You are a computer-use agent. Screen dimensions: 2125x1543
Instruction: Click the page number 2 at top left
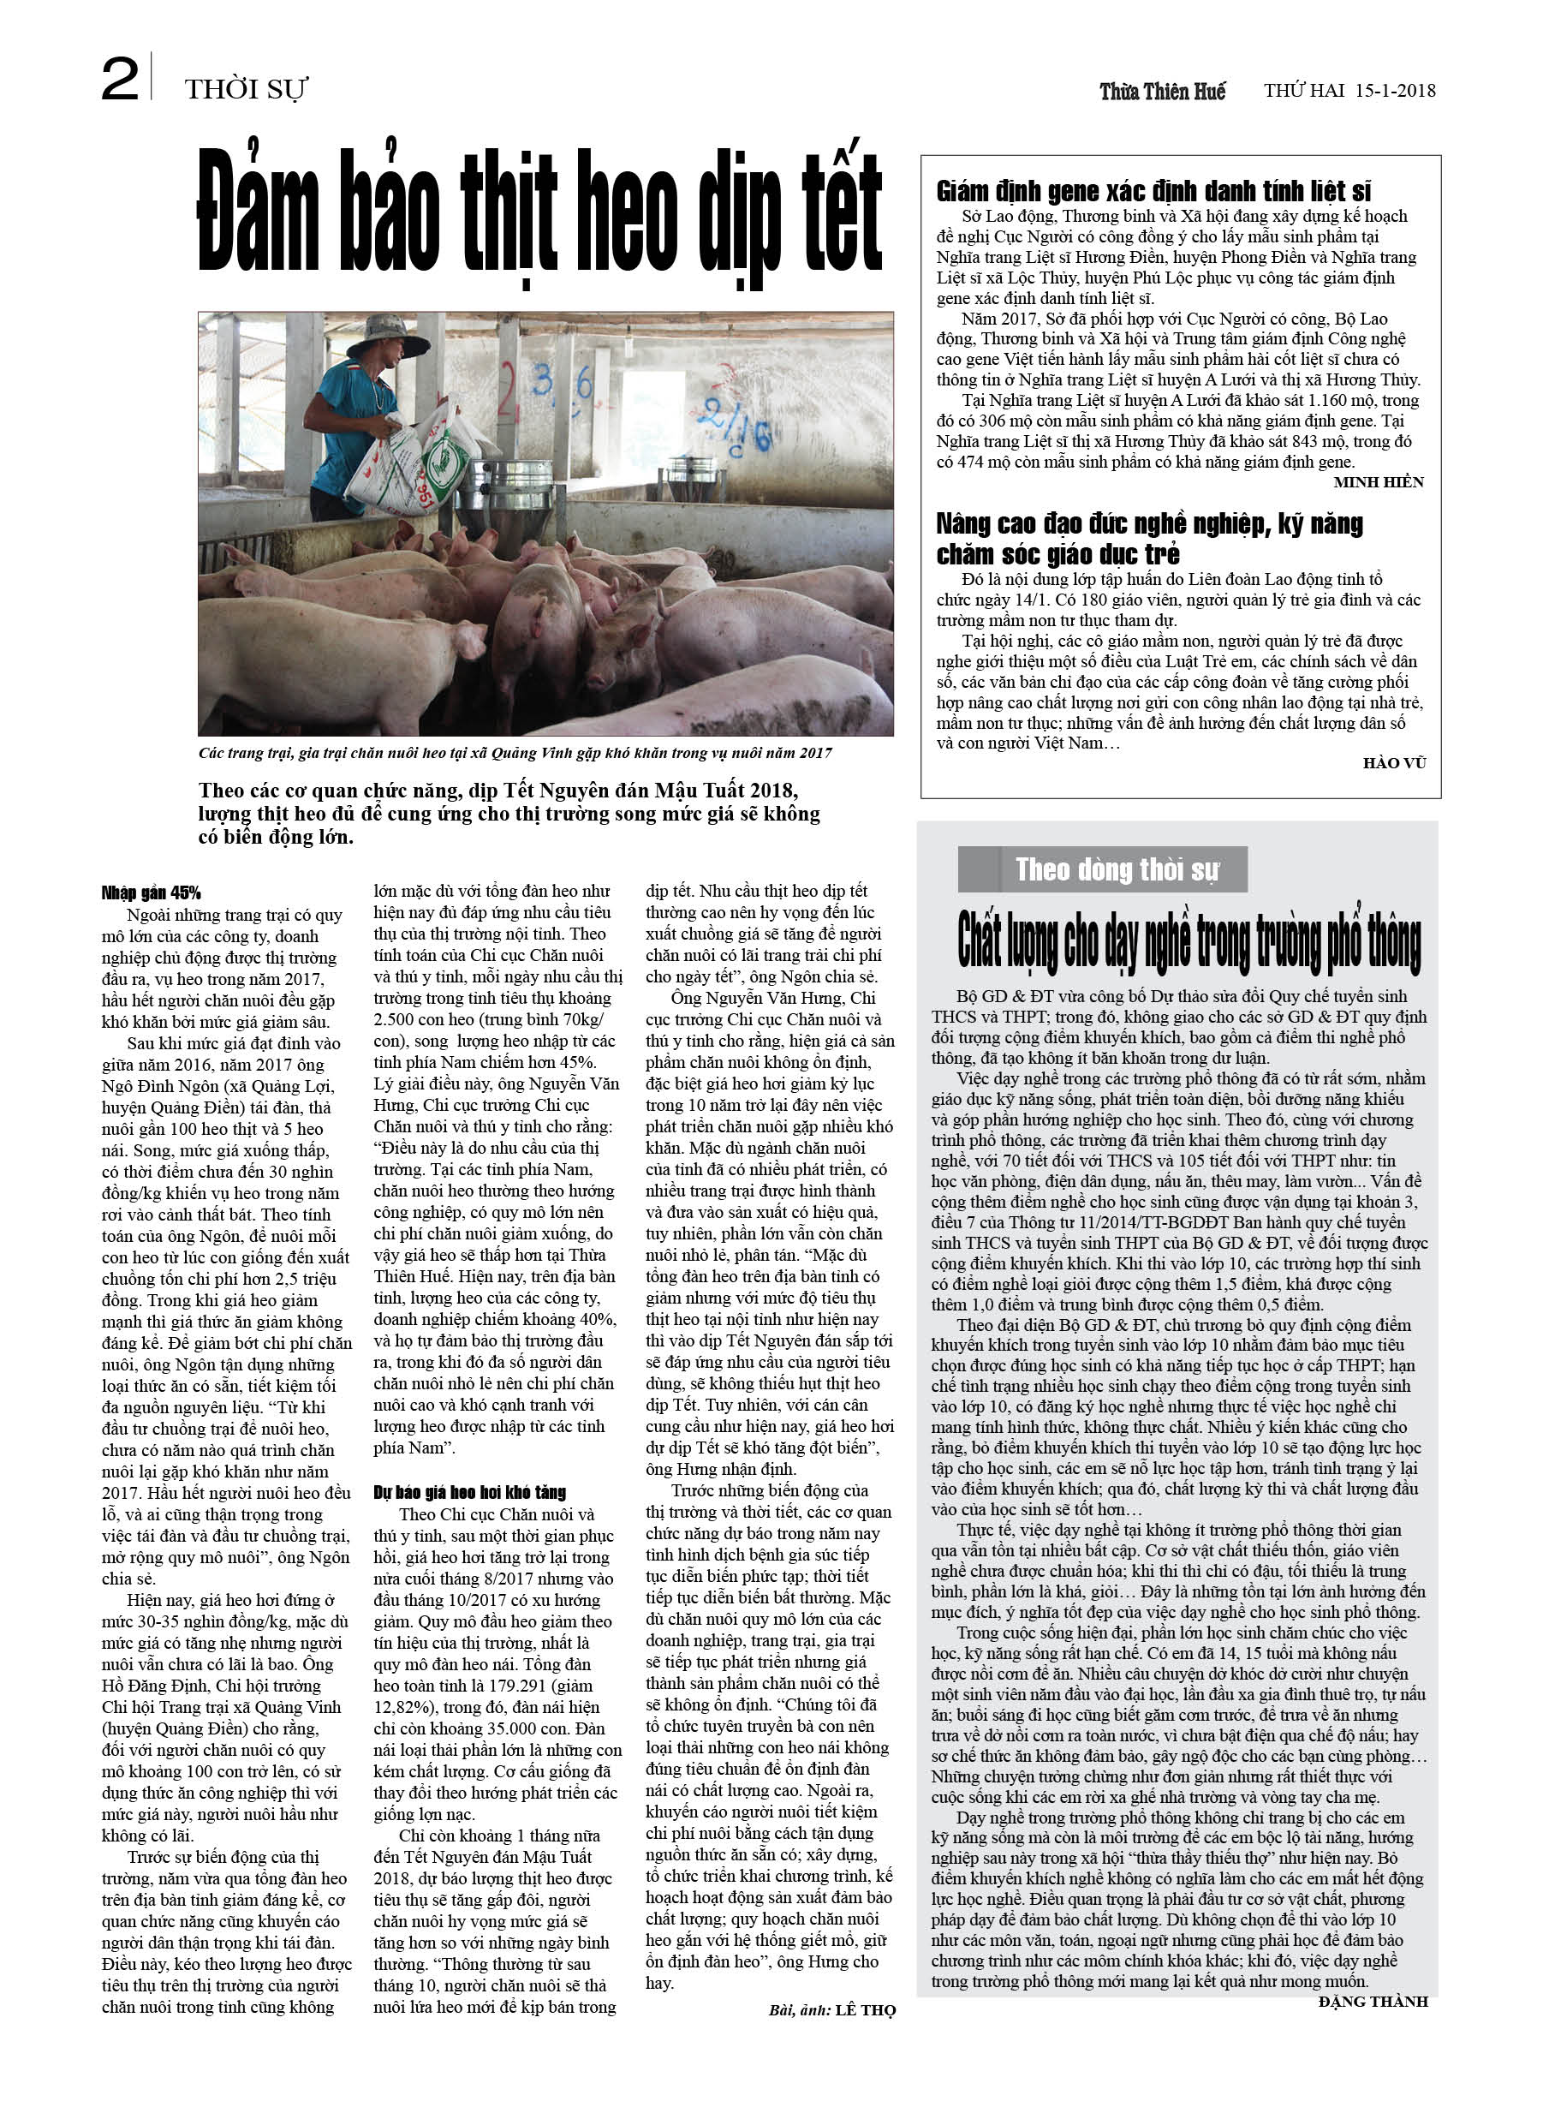point(120,80)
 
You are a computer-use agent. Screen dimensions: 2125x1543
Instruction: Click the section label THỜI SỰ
point(246,89)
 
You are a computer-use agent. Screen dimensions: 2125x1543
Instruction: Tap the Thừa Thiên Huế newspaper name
point(1162,91)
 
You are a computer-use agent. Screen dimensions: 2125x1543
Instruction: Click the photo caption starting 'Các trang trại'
point(515,752)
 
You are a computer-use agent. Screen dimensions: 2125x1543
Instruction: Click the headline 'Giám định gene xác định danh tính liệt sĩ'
point(1153,192)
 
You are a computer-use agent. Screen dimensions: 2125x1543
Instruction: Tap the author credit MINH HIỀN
point(1378,481)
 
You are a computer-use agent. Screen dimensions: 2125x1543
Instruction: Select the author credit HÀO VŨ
point(1393,762)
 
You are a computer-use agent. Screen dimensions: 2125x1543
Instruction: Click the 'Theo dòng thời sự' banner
point(1116,869)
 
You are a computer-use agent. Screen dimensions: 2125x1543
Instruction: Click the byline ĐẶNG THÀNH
point(1373,2002)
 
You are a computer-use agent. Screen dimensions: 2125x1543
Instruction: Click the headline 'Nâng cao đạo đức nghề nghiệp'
point(1148,539)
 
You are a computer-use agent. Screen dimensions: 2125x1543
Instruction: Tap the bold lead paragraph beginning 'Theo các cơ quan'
point(509,814)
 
